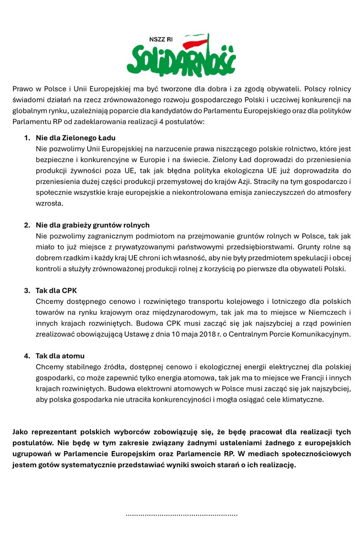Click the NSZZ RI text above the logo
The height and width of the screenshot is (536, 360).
point(160,40)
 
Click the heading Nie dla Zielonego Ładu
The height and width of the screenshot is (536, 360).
point(75,138)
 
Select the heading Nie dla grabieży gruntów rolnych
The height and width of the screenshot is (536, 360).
point(92,225)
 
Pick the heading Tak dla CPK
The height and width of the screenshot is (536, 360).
point(56,290)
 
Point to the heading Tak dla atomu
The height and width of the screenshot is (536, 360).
point(60,356)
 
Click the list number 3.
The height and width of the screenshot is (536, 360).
point(26,290)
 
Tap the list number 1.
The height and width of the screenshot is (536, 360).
point(26,138)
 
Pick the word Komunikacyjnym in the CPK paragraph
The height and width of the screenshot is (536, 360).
point(318,334)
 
